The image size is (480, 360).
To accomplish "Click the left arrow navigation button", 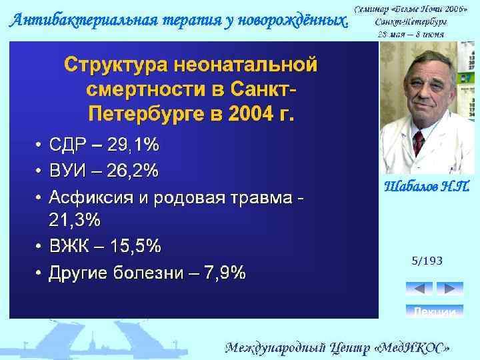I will point(419,289).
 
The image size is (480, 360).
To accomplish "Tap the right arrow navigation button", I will point(449,289).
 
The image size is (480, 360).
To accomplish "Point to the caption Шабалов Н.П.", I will point(427,187).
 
